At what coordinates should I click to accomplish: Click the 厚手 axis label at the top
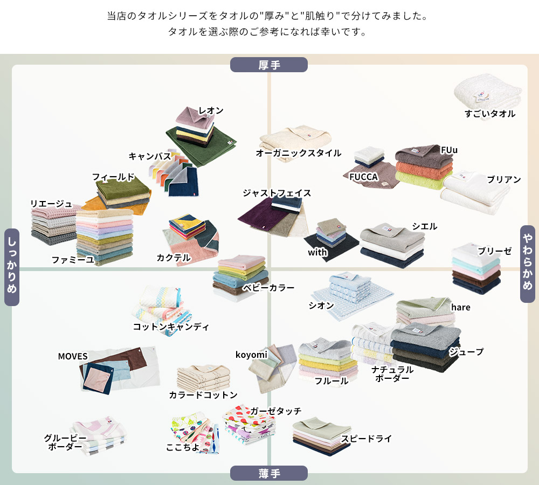[269, 65]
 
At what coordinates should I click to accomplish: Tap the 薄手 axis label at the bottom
[269, 474]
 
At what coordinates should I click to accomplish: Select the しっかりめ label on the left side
[12, 267]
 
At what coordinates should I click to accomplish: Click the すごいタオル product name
[490, 114]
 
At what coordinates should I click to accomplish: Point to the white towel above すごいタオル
[488, 93]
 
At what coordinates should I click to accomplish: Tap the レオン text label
[211, 110]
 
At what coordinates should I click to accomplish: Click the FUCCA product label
[364, 177]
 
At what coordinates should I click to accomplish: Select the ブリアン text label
[504, 179]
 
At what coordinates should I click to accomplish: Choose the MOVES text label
[73, 357]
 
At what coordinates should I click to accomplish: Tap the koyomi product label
[251, 355]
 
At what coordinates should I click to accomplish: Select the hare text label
[461, 307]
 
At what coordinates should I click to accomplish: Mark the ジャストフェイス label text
[277, 193]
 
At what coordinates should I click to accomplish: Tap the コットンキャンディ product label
[171, 327]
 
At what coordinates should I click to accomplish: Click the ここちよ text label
[183, 447]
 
